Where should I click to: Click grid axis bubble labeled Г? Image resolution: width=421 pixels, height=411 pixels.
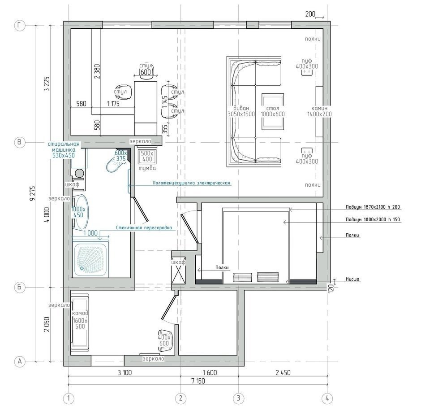pyautogui.click(x=19, y=26)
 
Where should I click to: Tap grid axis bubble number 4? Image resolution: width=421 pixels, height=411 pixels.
pyautogui.click(x=327, y=398)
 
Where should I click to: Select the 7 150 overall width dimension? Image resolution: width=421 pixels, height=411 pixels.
pyautogui.click(x=198, y=381)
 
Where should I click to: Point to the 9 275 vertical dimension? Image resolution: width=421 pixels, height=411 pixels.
pyautogui.click(x=33, y=194)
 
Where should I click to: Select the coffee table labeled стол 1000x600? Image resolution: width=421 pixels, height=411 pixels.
pyautogui.click(x=273, y=111)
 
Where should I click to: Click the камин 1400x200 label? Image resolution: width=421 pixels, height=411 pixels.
pyautogui.click(x=319, y=111)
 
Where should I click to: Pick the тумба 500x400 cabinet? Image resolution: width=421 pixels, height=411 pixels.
pyautogui.click(x=147, y=157)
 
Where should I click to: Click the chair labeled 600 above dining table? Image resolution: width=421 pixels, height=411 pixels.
pyautogui.click(x=146, y=71)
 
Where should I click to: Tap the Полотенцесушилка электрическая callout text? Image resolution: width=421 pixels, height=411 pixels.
pyautogui.click(x=191, y=183)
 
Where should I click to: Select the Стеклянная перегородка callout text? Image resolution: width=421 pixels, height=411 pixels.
pyautogui.click(x=144, y=228)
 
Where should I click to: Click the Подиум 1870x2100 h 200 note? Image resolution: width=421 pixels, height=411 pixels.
pyautogui.click(x=373, y=207)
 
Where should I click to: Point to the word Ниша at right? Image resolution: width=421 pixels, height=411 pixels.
pyautogui.click(x=352, y=279)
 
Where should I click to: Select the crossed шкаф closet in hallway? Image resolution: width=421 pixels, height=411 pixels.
pyautogui.click(x=178, y=271)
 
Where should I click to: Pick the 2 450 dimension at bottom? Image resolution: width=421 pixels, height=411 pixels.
pyautogui.click(x=283, y=372)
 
